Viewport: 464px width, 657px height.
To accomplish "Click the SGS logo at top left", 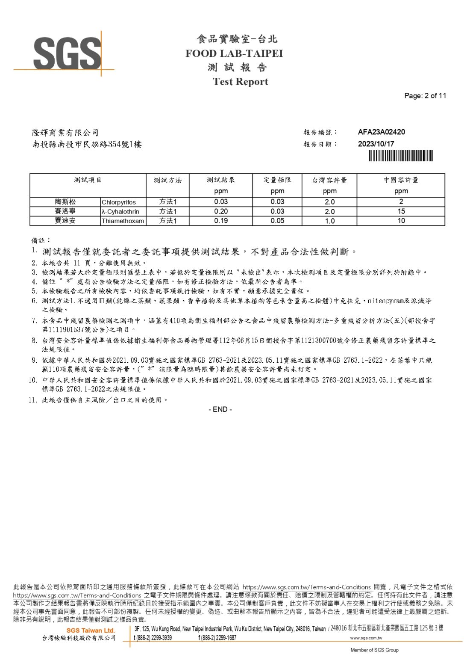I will click(67, 54).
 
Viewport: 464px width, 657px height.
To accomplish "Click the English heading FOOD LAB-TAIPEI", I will click(234, 53).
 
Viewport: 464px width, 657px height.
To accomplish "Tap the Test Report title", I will click(240, 82).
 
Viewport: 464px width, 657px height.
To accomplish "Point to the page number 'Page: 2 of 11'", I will click(425, 96).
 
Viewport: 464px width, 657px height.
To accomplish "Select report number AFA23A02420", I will click(381, 132).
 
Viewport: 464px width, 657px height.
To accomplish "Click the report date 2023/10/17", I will click(376, 144).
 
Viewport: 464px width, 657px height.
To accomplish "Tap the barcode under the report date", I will click(400, 156).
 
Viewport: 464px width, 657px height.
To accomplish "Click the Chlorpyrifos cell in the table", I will click(119, 202).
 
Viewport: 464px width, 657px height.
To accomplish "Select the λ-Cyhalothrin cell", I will click(120, 212).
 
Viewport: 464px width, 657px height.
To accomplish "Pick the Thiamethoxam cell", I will click(123, 221).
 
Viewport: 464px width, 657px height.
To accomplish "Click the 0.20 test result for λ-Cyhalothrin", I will click(221, 211).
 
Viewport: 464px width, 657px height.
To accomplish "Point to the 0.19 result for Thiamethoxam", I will click(221, 221).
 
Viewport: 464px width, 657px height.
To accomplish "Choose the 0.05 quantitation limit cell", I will click(277, 221).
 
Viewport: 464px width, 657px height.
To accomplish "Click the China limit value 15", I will click(401, 211).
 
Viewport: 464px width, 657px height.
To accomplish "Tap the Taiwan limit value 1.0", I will click(329, 221).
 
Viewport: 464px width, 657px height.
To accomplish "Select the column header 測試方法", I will click(167, 181).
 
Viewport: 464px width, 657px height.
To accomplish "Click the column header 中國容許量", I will click(401, 180).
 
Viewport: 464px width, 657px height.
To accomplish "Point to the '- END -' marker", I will click(220, 409).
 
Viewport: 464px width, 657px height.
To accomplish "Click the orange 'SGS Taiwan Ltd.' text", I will click(91, 630).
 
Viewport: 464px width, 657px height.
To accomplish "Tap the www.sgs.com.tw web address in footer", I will click(366, 638).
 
